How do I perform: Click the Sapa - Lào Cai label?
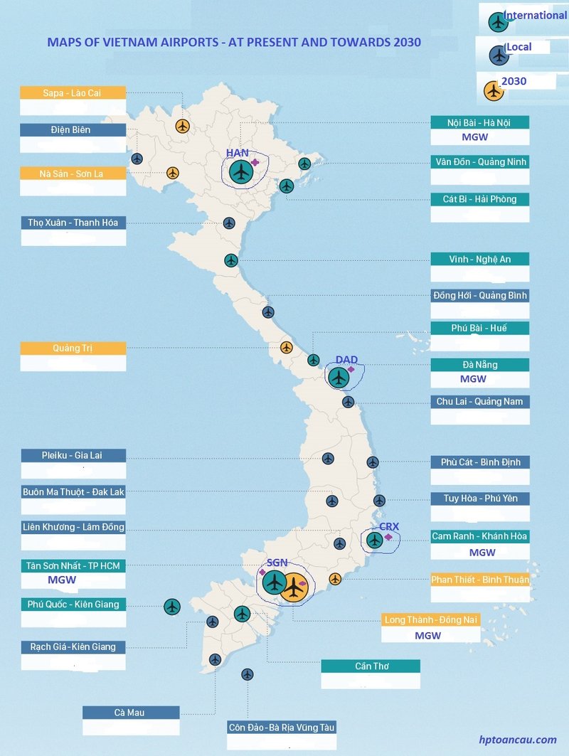(x=73, y=92)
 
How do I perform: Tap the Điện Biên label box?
(x=73, y=130)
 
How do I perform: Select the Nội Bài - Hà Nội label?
(x=479, y=122)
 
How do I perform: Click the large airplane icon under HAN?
(x=242, y=171)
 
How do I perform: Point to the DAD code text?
(x=346, y=360)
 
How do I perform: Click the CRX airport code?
(x=389, y=527)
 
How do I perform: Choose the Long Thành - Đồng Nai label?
(x=431, y=620)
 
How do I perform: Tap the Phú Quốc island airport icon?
(x=171, y=607)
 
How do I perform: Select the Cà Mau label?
(x=131, y=713)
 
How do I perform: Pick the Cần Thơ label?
(x=371, y=666)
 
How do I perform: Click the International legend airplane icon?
(x=498, y=21)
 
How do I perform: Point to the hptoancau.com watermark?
(x=518, y=740)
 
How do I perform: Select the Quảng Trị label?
(x=73, y=348)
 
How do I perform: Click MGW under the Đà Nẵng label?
(x=473, y=379)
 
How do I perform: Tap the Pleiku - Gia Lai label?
(x=73, y=455)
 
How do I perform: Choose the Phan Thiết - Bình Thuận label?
(x=479, y=580)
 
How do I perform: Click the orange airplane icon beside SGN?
(x=293, y=587)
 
